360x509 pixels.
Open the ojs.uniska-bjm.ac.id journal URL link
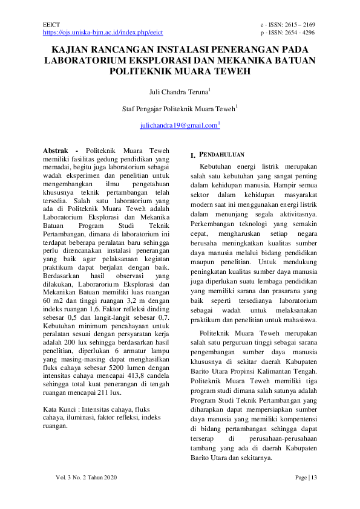click(103, 32)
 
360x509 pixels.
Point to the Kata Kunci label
click(59, 392)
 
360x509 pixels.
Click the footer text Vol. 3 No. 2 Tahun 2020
click(86, 478)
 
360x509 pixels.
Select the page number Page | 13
click(306, 478)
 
